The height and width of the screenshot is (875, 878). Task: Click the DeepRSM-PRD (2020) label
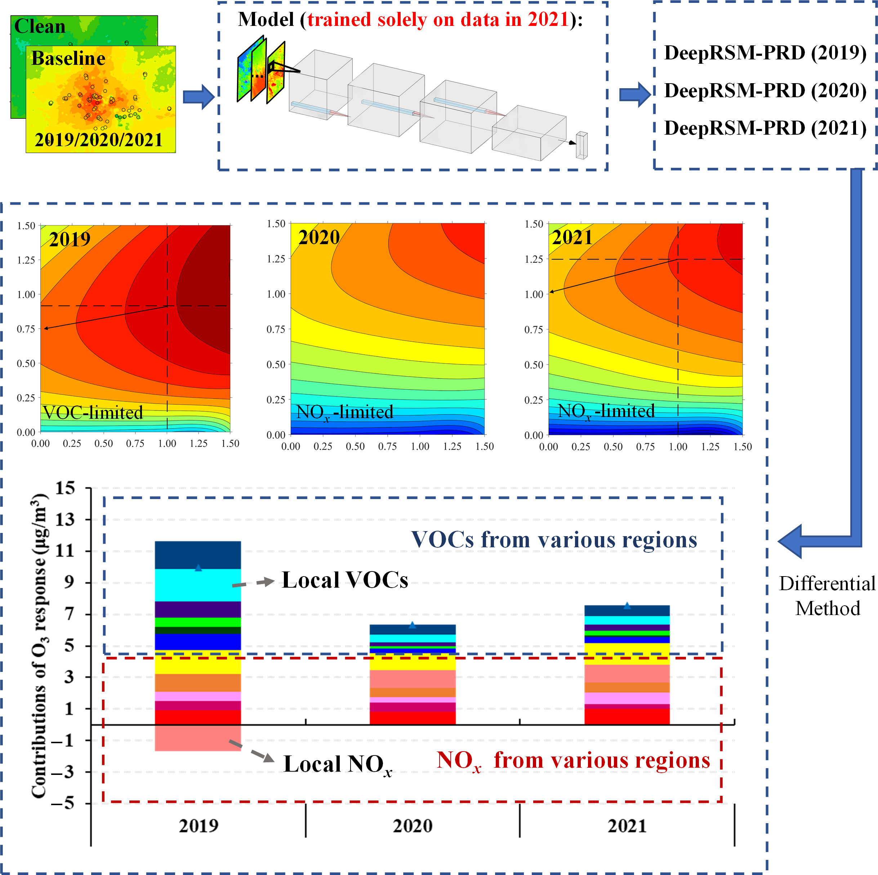[x=765, y=91]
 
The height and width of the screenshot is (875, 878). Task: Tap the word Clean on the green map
[x=40, y=26]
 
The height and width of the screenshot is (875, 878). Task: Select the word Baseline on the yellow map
[x=68, y=58]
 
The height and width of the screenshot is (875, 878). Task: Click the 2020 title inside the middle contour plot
[x=319, y=238]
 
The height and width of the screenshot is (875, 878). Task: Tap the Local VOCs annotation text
[x=345, y=580]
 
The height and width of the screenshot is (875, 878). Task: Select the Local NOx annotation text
[x=338, y=764]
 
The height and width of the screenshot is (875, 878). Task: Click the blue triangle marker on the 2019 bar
[x=198, y=567]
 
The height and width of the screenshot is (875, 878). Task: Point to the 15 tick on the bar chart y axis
[x=65, y=488]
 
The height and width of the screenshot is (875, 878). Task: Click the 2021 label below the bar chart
[x=627, y=825]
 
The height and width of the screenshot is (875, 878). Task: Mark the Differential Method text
[x=827, y=596]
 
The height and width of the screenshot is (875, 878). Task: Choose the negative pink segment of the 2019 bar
[x=198, y=738]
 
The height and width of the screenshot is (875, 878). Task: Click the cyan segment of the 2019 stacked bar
[x=198, y=585]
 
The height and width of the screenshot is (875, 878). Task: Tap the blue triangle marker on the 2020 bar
[x=412, y=625]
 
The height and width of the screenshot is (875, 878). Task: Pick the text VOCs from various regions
[x=554, y=540]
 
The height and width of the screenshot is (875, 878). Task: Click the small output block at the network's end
[x=582, y=145]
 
